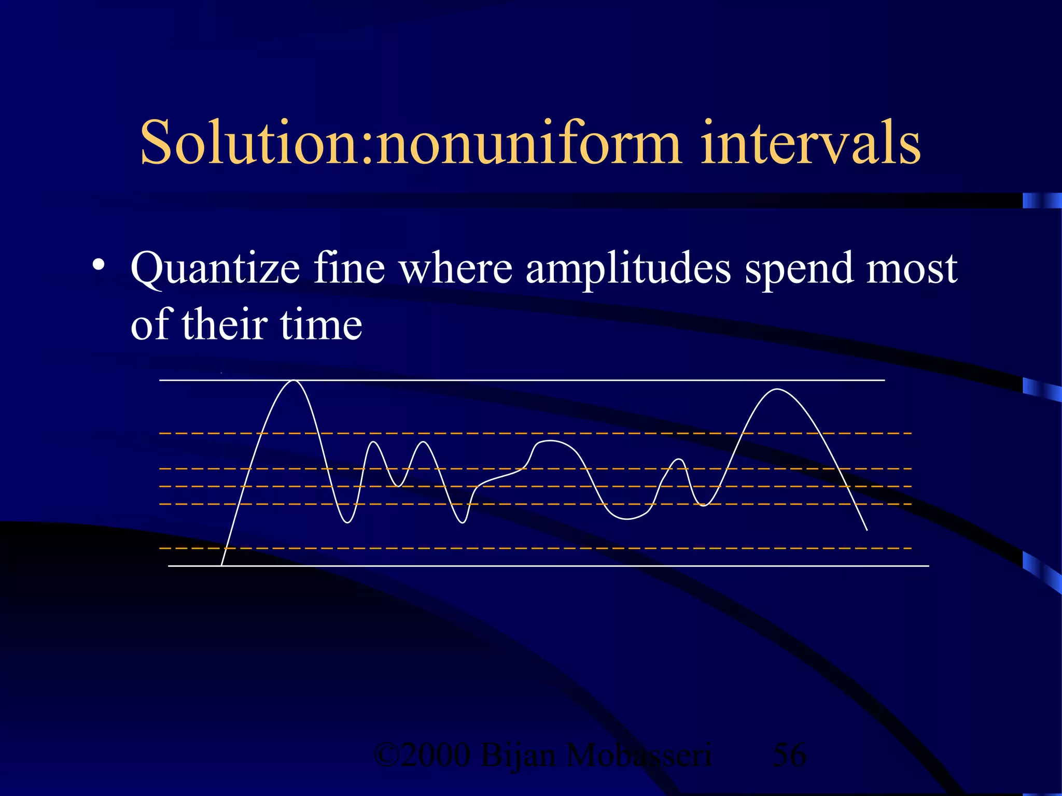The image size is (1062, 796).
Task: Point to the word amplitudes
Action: coord(628,269)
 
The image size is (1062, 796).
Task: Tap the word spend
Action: coord(799,269)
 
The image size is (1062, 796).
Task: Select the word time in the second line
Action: coord(321,325)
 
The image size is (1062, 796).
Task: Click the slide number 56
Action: coord(789,755)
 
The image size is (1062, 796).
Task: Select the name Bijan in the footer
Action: coord(519,755)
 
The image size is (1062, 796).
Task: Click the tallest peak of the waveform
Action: coord(294,381)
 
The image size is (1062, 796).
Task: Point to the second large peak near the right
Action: coord(778,389)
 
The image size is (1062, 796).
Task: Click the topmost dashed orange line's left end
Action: coord(162,433)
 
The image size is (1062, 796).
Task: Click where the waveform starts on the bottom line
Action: coord(221,565)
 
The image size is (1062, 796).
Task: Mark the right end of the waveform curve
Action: coord(867,530)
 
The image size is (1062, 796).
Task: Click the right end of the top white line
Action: coord(883,380)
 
